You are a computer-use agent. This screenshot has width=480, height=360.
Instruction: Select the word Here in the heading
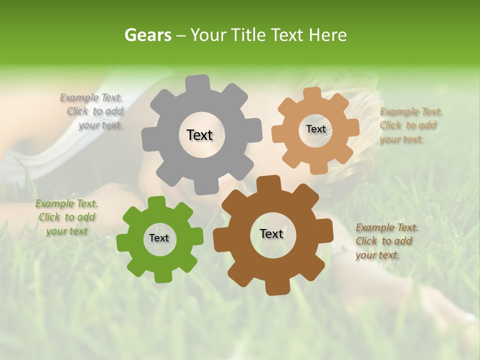(327, 35)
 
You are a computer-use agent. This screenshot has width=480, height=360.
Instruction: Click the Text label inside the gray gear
(199, 135)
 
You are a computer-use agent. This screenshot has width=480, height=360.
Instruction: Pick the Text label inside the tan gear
(315, 129)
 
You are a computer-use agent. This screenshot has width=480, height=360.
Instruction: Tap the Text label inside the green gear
(159, 238)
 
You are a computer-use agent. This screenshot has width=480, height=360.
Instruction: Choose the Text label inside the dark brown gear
(271, 233)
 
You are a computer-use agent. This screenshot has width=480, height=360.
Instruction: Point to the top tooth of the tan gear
(312, 93)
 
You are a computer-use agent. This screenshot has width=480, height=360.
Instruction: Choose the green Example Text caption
(66, 217)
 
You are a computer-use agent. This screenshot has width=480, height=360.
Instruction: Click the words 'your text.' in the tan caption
(401, 139)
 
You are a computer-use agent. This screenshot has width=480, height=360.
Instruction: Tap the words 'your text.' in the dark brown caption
(377, 255)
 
